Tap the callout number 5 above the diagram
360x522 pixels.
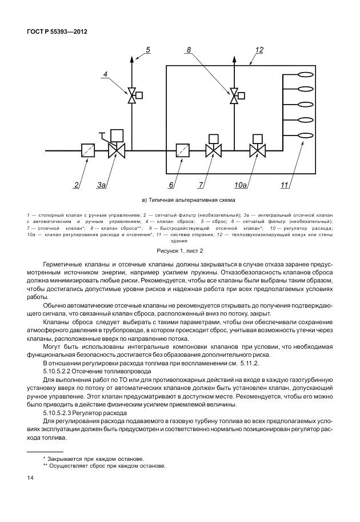(x=147, y=50)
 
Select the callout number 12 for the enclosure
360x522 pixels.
(x=259, y=50)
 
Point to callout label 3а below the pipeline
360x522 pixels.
(x=101, y=185)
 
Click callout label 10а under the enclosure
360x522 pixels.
(x=241, y=185)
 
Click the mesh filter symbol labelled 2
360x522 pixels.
(x=88, y=151)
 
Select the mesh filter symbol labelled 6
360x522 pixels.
(x=183, y=151)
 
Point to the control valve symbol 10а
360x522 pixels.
(x=257, y=151)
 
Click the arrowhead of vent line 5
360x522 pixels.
(x=132, y=58)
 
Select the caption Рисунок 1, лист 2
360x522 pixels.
(x=180, y=250)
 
